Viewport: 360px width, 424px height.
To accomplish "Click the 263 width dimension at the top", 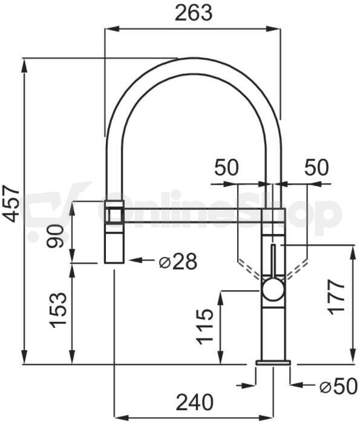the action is tap(194, 13).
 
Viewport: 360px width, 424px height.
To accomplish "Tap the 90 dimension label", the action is tap(55, 236).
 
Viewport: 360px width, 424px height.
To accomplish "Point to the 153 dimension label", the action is tap(58, 310).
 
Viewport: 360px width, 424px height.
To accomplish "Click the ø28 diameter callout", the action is tap(178, 261).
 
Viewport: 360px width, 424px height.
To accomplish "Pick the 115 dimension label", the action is tap(205, 327).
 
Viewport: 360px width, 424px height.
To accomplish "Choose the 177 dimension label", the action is tap(336, 297).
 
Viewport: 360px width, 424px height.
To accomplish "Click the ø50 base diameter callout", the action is tap(339, 386).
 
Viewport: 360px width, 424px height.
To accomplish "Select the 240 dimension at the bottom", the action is tap(195, 402).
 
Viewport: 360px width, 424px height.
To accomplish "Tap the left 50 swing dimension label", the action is tap(227, 168).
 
